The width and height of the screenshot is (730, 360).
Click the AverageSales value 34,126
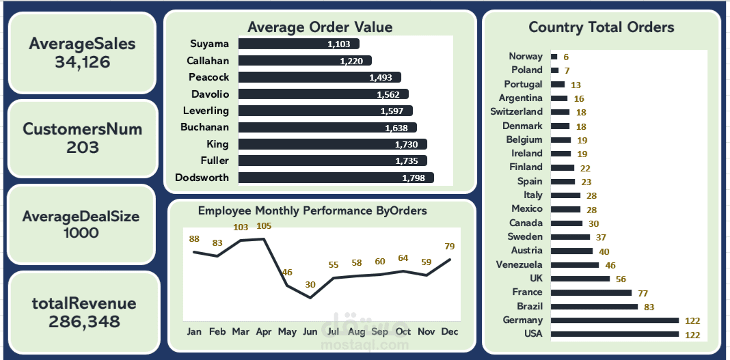(x=82, y=63)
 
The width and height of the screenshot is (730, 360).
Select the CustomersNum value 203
(x=82, y=147)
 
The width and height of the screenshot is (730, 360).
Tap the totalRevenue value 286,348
(x=83, y=321)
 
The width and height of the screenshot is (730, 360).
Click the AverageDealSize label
(x=81, y=217)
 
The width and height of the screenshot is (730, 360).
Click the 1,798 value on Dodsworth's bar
(x=414, y=178)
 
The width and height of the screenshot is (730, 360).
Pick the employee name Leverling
(x=206, y=111)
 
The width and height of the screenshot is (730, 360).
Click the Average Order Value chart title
(x=320, y=27)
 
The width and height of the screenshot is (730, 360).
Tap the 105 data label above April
(x=264, y=226)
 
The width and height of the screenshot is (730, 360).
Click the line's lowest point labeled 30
(x=310, y=297)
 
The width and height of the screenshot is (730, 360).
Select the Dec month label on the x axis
(x=448, y=331)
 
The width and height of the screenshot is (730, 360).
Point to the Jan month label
(x=194, y=331)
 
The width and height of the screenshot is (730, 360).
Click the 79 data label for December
(x=449, y=247)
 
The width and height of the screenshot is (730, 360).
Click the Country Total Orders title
(x=601, y=27)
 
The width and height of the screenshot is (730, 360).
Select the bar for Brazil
(x=593, y=307)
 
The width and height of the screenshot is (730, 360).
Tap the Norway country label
(x=526, y=57)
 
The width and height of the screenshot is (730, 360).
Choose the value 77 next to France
(x=643, y=293)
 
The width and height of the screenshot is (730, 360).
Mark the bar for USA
(x=614, y=334)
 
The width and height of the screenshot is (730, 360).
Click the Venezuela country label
(x=520, y=264)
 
